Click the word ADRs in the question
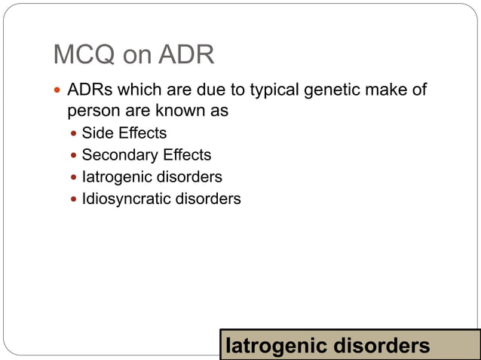click(x=89, y=91)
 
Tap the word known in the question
click(x=182, y=111)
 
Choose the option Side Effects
click(x=124, y=134)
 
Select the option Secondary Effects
click(x=146, y=156)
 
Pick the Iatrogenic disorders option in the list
click(x=152, y=178)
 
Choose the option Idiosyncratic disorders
click(x=161, y=200)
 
